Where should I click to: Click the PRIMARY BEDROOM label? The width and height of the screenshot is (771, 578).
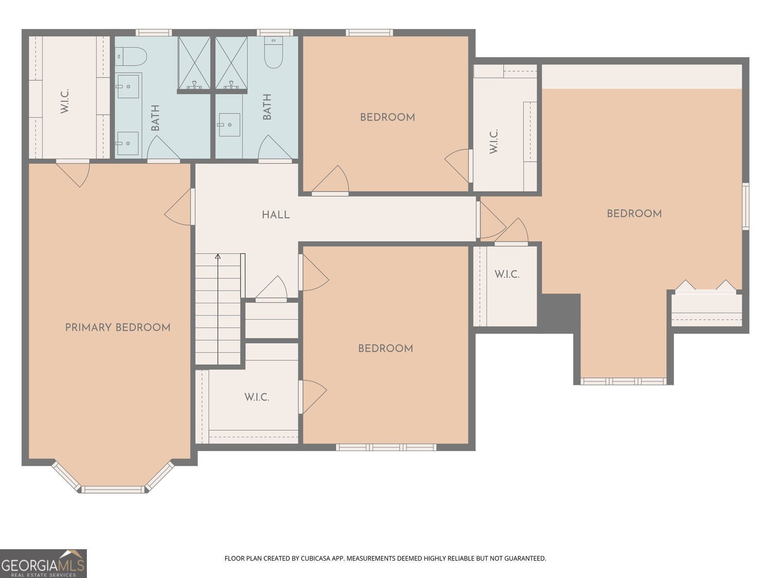tap(118, 327)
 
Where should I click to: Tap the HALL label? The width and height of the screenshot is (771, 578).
tap(276, 215)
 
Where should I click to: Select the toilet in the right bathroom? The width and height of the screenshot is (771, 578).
tap(273, 52)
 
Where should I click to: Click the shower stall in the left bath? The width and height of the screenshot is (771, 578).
tap(194, 63)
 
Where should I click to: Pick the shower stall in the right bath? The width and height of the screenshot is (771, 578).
tap(231, 63)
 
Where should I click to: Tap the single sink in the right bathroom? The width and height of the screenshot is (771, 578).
tap(229, 124)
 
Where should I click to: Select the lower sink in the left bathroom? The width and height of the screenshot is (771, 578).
tap(127, 143)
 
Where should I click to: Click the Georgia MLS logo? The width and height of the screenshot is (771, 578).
tap(43, 564)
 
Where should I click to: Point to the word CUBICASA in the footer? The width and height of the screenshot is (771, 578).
tap(315, 558)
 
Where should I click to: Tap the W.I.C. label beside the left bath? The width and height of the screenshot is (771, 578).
tap(65, 101)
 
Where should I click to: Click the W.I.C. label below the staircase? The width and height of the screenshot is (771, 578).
tap(257, 397)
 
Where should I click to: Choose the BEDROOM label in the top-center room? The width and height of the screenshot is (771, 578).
tap(388, 117)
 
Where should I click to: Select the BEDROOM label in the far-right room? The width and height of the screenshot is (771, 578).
tap(634, 213)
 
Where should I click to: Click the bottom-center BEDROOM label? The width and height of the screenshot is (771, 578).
tap(385, 348)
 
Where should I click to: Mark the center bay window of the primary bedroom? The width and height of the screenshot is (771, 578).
tap(113, 489)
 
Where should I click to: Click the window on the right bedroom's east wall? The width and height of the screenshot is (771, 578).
tap(745, 207)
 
